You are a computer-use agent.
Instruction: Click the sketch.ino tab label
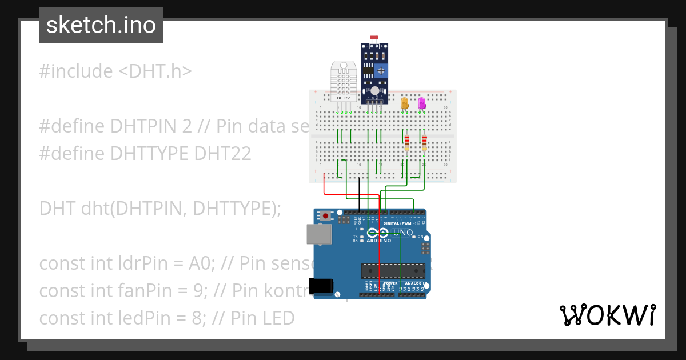tap(101, 25)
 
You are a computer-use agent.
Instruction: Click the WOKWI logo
tap(607, 315)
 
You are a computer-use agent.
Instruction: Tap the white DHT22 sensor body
tap(344, 80)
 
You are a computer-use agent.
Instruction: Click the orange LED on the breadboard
tap(405, 103)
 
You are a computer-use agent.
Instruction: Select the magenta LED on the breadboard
tap(422, 103)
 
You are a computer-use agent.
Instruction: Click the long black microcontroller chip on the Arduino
tap(393, 271)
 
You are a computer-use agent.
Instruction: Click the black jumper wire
tap(359, 194)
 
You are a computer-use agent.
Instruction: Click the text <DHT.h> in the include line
tap(155, 71)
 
